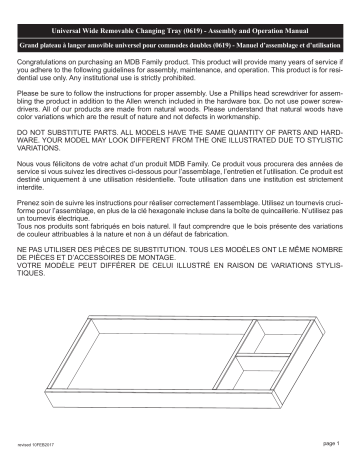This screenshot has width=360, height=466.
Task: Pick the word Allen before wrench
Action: (x=135, y=110)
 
